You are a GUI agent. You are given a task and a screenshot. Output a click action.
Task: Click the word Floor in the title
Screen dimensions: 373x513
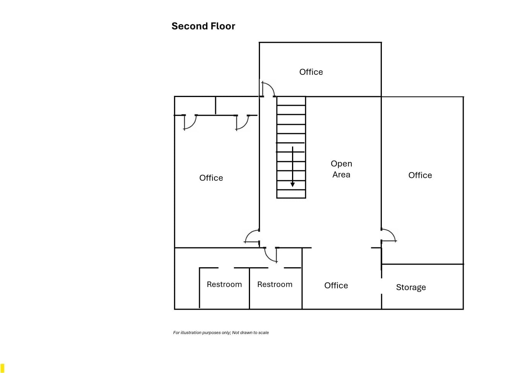click(222, 26)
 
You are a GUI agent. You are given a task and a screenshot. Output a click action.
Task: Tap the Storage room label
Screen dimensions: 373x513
click(411, 287)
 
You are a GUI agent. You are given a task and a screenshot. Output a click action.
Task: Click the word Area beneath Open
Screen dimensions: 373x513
click(341, 175)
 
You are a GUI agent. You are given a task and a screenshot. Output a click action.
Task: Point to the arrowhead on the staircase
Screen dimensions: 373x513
click(292, 185)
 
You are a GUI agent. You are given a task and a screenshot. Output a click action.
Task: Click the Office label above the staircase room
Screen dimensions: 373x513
click(311, 72)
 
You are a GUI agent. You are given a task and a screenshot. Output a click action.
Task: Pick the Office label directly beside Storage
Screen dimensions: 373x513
click(336, 286)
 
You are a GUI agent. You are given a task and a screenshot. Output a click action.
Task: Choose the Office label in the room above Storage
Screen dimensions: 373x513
click(420, 175)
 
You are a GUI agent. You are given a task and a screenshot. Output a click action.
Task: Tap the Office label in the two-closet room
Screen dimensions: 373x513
click(211, 178)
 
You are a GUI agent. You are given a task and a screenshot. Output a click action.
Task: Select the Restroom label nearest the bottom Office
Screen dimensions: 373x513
click(274, 284)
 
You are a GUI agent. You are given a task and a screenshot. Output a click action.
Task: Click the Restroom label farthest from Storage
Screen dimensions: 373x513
click(224, 284)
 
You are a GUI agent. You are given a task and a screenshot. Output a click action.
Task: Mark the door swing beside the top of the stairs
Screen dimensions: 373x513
click(268, 89)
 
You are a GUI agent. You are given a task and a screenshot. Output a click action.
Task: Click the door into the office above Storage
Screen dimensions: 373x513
click(388, 235)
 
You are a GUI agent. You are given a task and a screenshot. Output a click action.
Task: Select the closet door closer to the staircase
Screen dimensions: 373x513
click(242, 122)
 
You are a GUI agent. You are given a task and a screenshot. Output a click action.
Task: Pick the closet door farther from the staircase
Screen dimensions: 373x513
click(190, 122)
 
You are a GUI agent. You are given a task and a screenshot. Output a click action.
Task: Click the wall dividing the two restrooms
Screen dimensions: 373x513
click(249, 289)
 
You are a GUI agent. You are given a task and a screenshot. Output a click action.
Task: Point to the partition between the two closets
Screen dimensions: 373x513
click(216, 105)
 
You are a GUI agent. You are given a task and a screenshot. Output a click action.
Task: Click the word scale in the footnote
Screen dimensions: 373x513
click(263, 333)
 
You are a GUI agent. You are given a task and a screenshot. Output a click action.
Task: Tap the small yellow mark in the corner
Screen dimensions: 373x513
click(2, 368)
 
